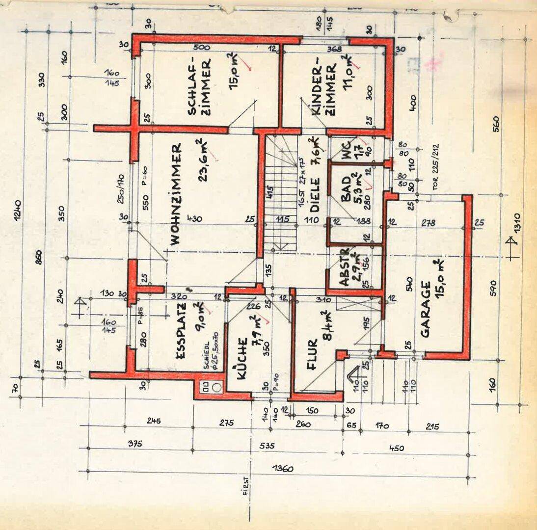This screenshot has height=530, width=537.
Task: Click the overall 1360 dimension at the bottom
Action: [x=284, y=469]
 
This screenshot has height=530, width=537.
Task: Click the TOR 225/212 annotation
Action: [x=433, y=165]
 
